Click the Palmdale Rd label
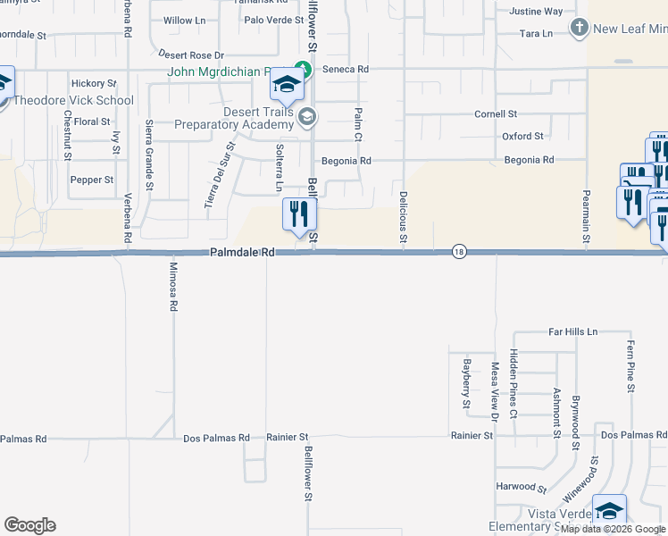[242, 253]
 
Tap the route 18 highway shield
[459, 252]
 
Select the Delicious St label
[404, 218]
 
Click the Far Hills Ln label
[572, 331]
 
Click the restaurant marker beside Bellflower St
[299, 214]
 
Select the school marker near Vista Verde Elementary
[609, 511]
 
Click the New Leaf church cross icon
[579, 28]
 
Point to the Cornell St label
[496, 114]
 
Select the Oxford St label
[522, 137]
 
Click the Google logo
[29, 525]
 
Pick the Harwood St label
[522, 488]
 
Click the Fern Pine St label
[630, 365]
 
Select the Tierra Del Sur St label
[219, 175]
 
